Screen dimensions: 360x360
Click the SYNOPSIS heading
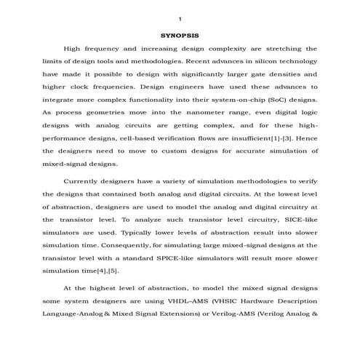[x=179, y=34]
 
